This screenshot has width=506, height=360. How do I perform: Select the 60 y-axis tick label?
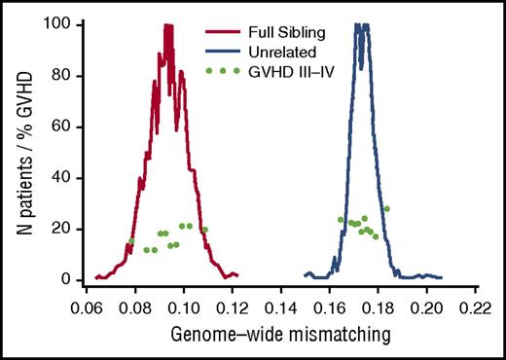[59, 126]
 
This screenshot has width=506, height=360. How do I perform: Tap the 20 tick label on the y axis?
[59, 229]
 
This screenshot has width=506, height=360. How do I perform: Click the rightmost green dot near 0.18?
[386, 208]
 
